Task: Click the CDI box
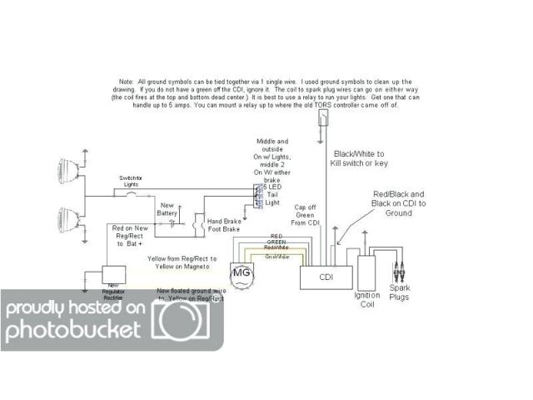pos(324,277)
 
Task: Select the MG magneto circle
pos(241,274)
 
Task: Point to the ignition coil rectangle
pos(366,267)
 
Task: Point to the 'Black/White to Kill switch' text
pos(359,159)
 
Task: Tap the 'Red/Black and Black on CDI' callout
pos(399,203)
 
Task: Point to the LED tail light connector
pos(259,196)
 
